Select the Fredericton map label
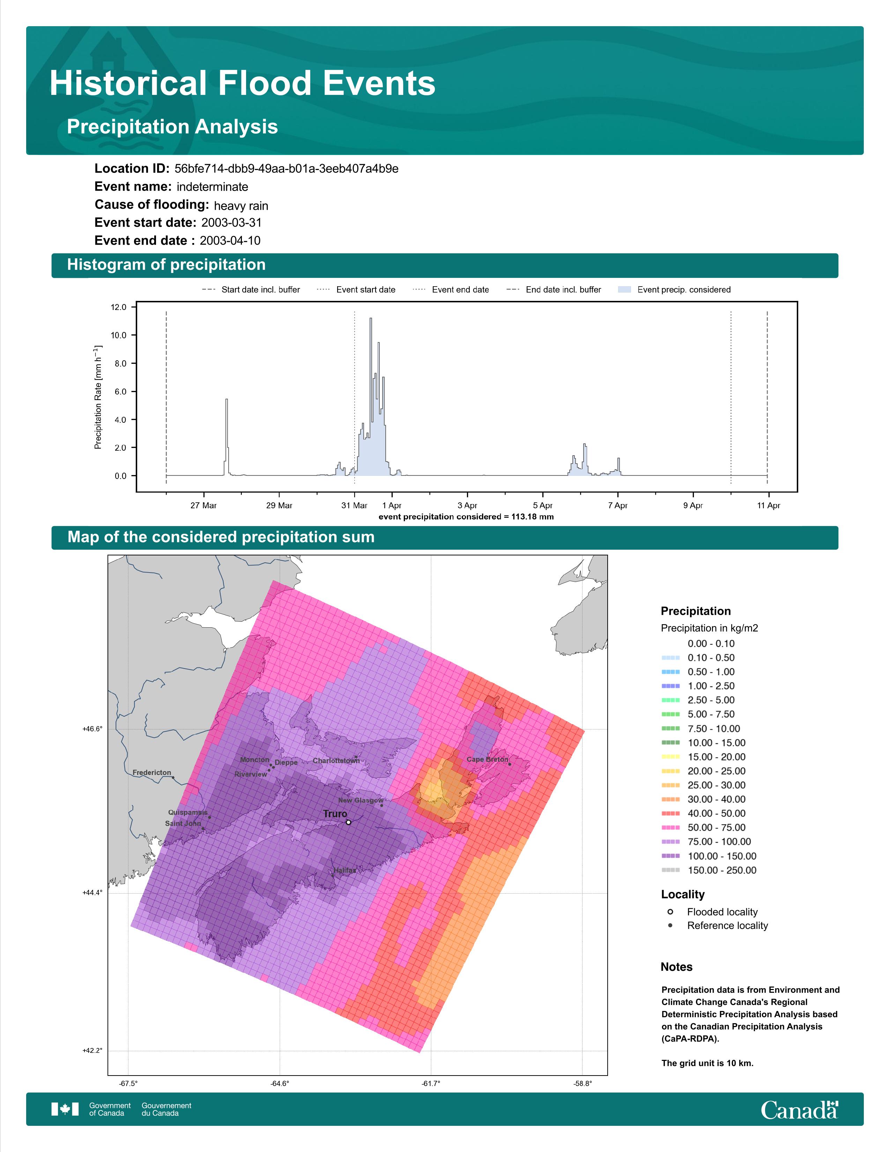coord(152,773)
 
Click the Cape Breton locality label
coord(487,760)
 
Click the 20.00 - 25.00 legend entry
coord(703,771)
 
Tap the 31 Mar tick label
coord(354,505)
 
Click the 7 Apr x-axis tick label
coord(617,505)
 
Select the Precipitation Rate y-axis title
coord(98,397)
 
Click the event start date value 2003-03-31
coord(231,223)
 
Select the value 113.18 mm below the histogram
coord(533,516)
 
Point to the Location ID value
coord(286,169)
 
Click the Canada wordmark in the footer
coord(799,1109)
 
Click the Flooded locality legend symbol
coord(670,911)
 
